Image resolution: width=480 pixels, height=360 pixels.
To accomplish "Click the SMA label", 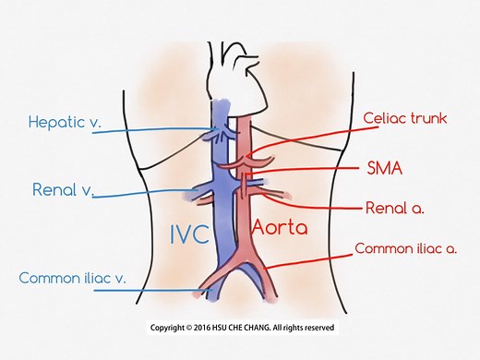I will pyautogui.click(x=378, y=168).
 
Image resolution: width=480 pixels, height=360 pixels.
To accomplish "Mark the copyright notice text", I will pyautogui.click(x=243, y=328).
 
